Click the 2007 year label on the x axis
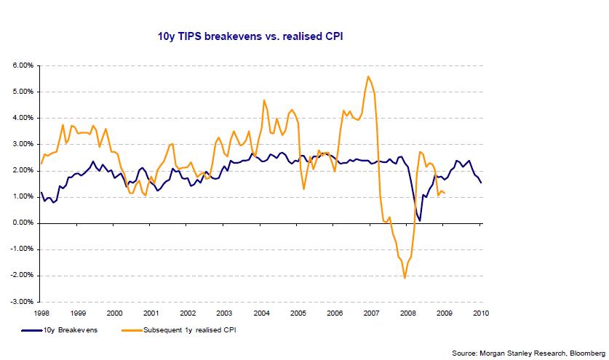pos(370,313)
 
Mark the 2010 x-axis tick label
pos(480,313)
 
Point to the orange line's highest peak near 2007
pos(368,76)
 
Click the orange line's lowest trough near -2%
pos(405,278)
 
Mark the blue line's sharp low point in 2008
pos(420,220)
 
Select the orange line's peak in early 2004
pos(263,100)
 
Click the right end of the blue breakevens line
pos(480,183)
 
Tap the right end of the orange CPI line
pos(445,193)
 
